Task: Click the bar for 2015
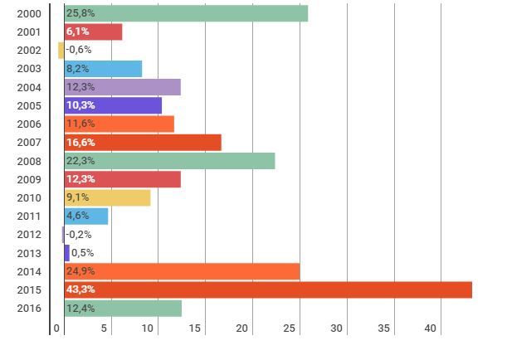pos(268,289)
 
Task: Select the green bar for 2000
pos(186,13)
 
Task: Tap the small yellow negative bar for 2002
pos(61,50)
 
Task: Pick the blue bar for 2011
pos(86,216)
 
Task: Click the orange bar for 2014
pos(182,271)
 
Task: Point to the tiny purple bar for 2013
pos(67,253)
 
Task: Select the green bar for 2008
pos(169,161)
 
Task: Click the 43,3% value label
pos(80,289)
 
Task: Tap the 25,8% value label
pos(80,13)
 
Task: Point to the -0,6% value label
pos(79,50)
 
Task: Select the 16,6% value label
pos(80,143)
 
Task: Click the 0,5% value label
pos(82,253)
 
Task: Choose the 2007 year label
pos(29,143)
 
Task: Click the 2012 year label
pos(29,235)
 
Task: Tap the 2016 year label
pos(29,309)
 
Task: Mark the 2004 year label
pos(29,87)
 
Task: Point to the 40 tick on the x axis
pos(431,329)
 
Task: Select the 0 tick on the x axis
pos(57,329)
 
